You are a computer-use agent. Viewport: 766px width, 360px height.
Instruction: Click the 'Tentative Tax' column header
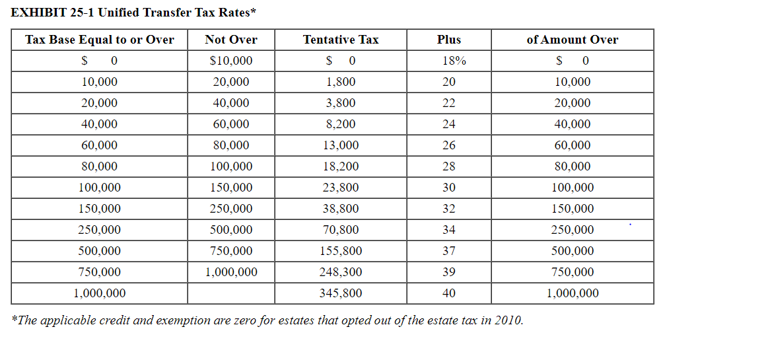[x=341, y=40]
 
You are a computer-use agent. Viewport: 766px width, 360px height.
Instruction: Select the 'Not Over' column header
[x=231, y=40]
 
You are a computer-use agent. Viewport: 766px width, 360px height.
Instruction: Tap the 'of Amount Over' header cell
[x=572, y=40]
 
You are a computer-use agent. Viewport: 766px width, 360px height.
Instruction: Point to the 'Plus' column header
[x=449, y=40]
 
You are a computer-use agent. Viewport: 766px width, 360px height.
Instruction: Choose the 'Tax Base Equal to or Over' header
[x=100, y=40]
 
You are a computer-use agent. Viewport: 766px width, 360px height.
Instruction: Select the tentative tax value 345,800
[x=341, y=293]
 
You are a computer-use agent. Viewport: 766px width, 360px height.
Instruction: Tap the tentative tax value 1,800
[x=341, y=82]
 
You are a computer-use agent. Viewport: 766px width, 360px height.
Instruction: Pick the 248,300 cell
[x=341, y=272]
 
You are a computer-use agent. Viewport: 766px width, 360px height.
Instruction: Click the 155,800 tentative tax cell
[x=341, y=251]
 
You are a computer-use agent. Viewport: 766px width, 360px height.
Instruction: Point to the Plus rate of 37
[x=449, y=251]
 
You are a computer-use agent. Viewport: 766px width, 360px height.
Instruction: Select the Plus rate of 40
[x=449, y=293]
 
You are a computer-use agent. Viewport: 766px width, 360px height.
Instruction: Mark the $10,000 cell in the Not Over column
[x=231, y=61]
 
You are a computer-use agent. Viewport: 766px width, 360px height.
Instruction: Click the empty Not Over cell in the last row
[x=231, y=293]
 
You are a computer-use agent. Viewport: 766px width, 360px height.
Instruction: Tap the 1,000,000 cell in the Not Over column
[x=231, y=272]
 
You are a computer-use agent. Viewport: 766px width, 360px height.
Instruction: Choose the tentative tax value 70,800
[x=341, y=230]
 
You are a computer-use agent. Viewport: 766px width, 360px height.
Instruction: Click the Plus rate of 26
[x=449, y=145]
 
